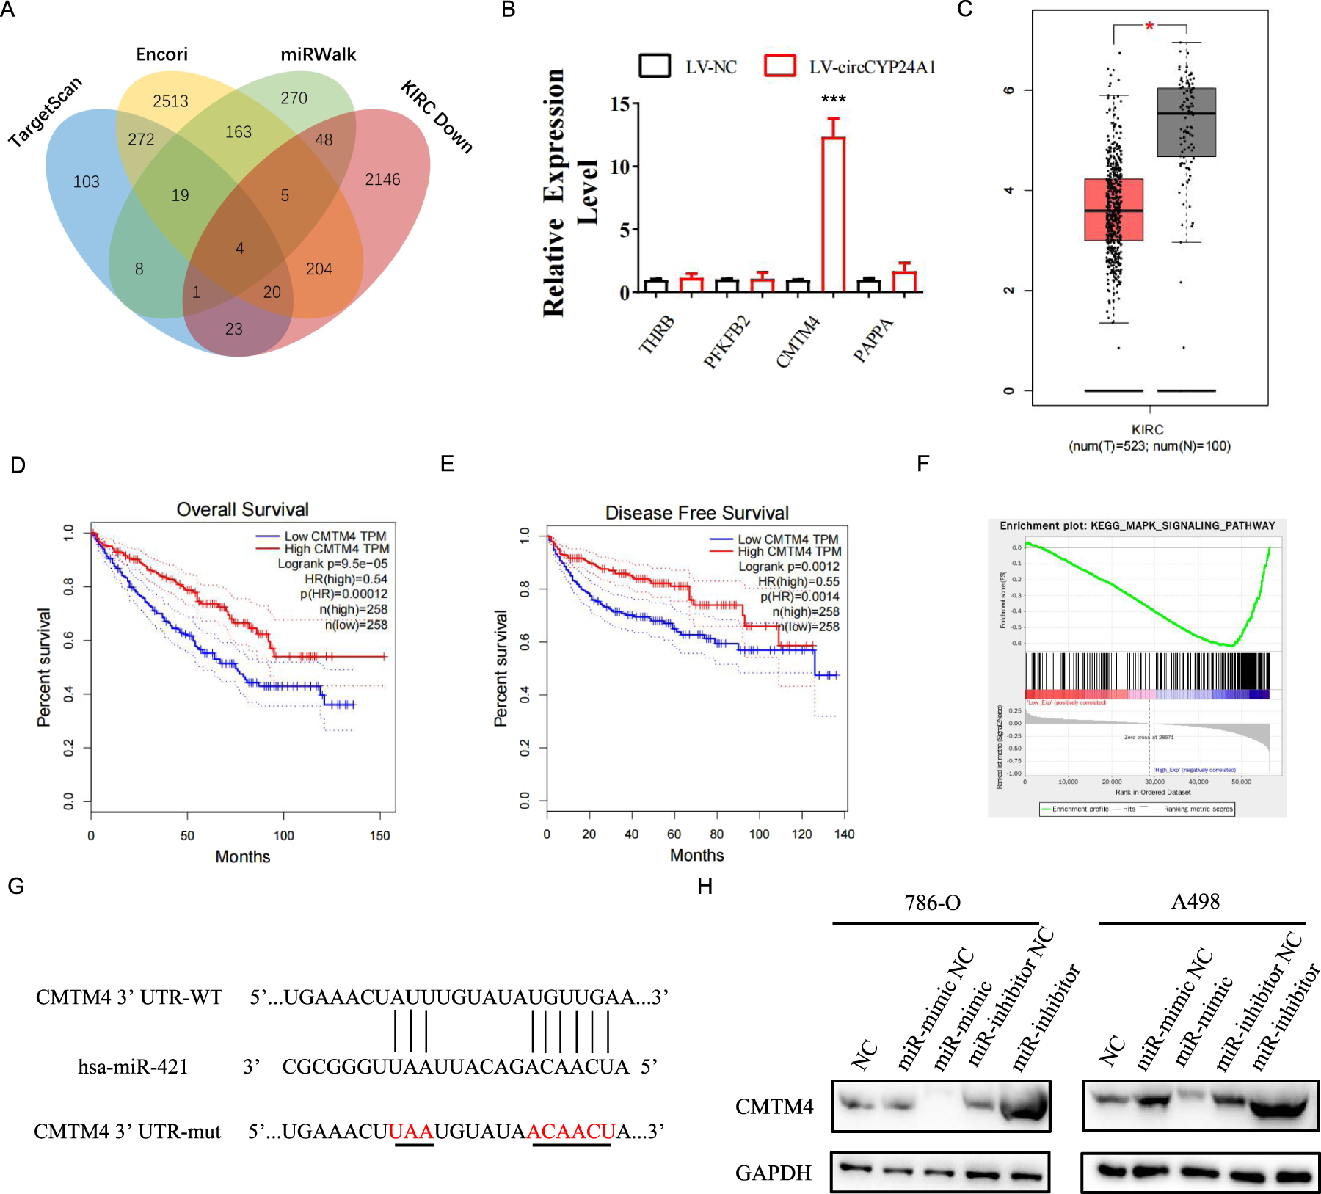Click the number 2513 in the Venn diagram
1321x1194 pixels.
170,101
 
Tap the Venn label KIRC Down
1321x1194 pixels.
437,117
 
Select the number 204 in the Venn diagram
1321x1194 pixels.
319,269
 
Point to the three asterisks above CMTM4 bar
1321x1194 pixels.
833,99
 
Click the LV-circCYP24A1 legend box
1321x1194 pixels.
779,66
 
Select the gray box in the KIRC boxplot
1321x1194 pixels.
1186,123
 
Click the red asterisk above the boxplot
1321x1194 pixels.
1149,26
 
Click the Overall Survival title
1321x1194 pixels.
242,509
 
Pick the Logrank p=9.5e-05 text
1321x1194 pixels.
332,564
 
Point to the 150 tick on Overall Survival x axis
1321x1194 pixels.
379,835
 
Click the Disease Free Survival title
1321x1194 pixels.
696,513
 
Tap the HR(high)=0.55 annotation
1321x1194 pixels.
798,581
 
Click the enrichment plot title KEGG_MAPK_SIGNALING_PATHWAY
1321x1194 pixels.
1137,525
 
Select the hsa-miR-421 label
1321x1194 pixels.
133,1066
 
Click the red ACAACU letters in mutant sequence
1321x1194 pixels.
570,1132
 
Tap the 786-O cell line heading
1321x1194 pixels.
932,903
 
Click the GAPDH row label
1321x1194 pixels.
774,1173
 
